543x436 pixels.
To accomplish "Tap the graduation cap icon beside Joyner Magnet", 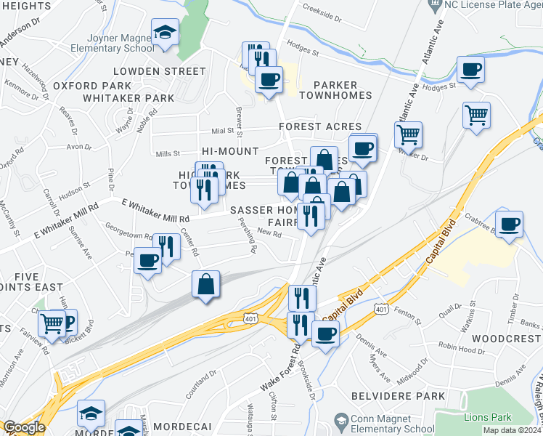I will (164, 33).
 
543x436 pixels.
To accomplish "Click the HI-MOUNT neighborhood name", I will (230, 151).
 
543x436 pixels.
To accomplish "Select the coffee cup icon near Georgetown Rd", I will (147, 259).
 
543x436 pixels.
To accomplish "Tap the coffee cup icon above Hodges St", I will (470, 70).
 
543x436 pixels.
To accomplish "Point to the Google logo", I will (25, 428).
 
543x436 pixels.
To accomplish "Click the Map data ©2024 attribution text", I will (513, 430).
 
